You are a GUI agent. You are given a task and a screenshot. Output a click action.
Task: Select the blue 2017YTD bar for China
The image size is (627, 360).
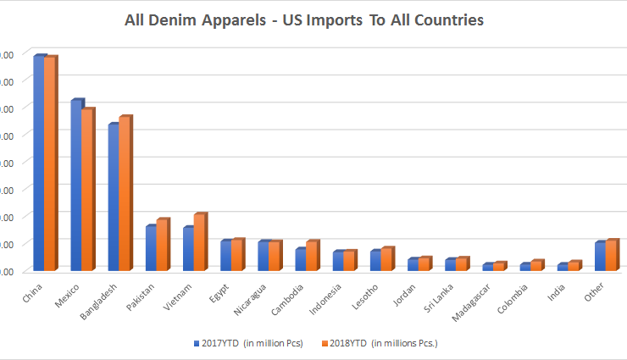[39, 161]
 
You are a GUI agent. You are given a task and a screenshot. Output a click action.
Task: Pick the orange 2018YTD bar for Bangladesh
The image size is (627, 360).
[125, 193]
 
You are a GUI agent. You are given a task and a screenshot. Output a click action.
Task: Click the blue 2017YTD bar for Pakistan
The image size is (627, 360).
[151, 247]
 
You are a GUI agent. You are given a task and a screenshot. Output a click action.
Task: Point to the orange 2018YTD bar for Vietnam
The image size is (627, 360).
[199, 241]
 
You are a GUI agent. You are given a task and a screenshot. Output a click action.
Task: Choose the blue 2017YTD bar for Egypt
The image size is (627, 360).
[225, 255]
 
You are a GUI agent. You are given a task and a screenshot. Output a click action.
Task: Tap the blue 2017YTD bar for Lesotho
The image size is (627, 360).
[375, 260]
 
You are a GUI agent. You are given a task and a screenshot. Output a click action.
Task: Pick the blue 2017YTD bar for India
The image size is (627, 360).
[561, 266]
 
